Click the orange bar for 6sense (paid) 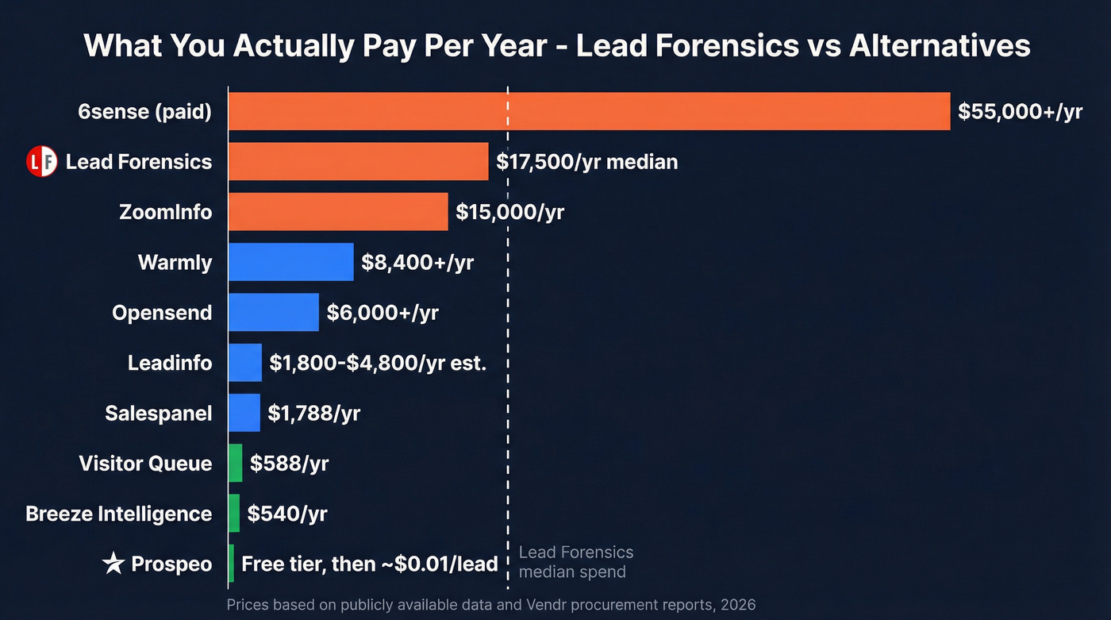589,111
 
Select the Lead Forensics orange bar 358,162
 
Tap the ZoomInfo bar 338,212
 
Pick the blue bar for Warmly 290,262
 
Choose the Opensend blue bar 273,312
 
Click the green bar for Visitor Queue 235,464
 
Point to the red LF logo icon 42,162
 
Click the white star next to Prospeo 113,564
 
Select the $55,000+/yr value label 1020,111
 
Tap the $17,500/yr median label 586,162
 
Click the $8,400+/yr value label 417,262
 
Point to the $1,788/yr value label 313,413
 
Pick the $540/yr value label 287,514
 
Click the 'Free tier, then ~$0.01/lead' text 369,564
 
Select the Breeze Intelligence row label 119,514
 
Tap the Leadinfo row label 170,363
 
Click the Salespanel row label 159,413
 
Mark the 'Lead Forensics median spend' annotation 575,562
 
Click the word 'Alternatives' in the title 940,45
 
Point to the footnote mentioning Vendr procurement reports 490,605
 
